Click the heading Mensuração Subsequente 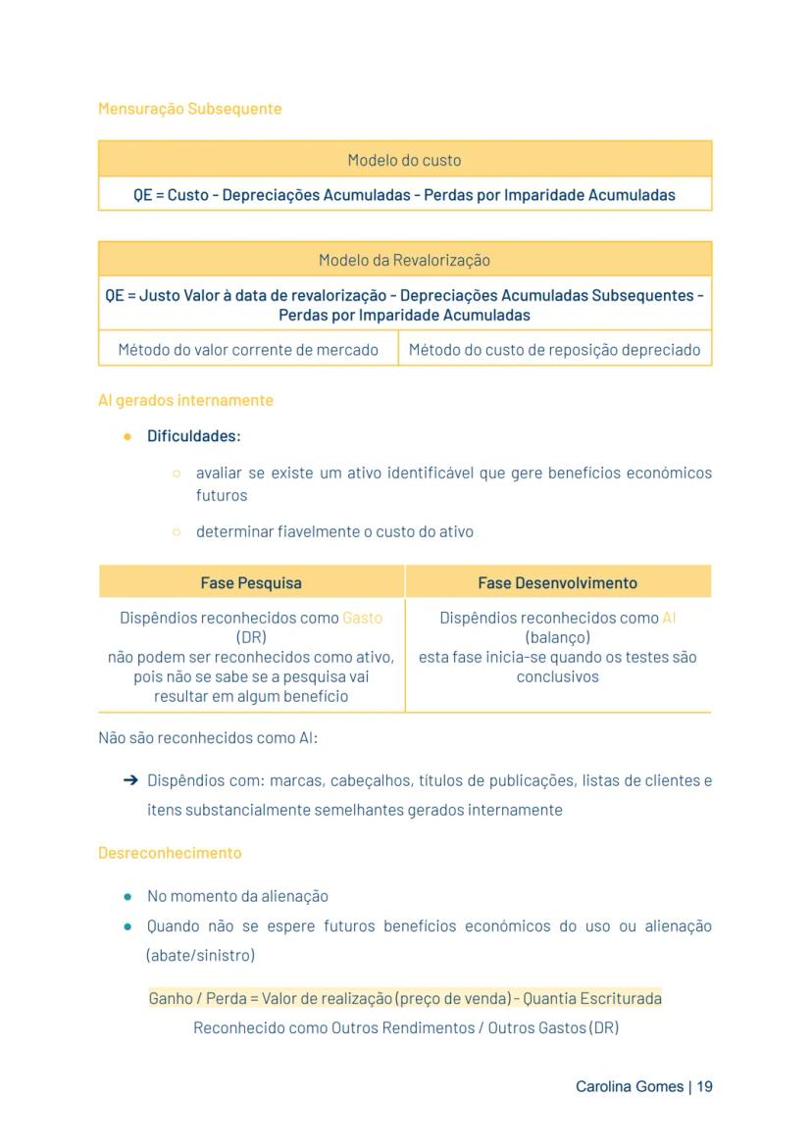click(189, 109)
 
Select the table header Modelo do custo click(404, 160)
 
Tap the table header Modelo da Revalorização click(404, 261)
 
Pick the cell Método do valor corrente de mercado click(248, 350)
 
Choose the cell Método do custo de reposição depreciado click(555, 350)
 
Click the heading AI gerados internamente click(185, 401)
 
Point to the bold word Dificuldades click(193, 436)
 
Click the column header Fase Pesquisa click(251, 583)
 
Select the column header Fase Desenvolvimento click(557, 583)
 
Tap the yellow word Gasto click(362, 619)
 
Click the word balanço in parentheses click(557, 638)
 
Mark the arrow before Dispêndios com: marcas click(129, 781)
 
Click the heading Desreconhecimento click(169, 853)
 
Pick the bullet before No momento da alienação click(128, 897)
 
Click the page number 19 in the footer click(704, 1087)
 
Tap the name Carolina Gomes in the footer click(631, 1087)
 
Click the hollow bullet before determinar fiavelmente click(177, 532)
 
